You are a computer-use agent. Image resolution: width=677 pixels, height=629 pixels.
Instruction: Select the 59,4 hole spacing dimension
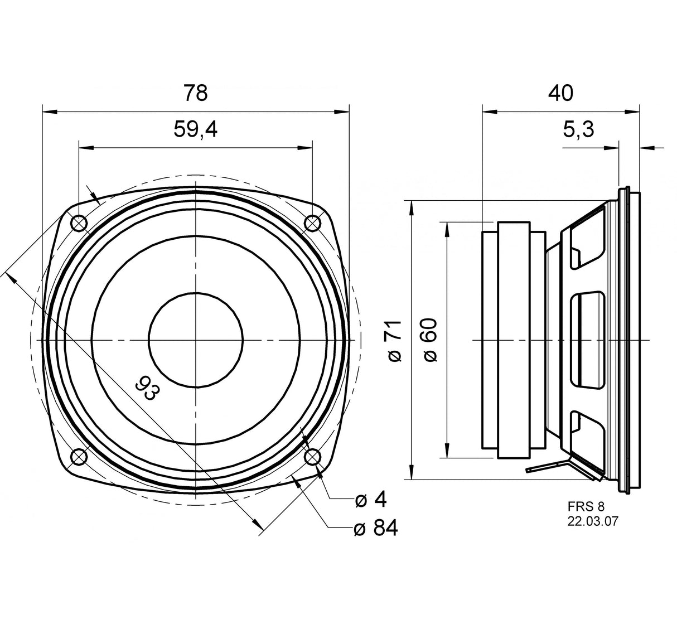pos(195,130)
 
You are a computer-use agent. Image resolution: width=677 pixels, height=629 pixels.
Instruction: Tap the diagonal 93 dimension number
pos(144,388)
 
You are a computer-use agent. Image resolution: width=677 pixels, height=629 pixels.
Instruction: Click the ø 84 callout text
pos(375,528)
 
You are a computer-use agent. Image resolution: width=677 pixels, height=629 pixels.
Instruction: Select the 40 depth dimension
pos(560,93)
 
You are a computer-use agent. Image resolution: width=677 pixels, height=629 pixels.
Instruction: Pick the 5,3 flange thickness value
pos(578,130)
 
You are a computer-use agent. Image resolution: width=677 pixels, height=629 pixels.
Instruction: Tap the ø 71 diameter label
pos(394,341)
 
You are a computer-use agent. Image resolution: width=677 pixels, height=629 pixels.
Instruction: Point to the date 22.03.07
pos(593,521)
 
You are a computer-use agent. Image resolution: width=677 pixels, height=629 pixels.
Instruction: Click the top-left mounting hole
pos(79,223)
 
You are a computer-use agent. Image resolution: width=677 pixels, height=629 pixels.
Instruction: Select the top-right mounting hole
pos(312,223)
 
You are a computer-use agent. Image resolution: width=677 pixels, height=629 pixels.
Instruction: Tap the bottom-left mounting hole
pos(79,457)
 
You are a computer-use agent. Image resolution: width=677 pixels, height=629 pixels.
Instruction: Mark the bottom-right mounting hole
pos(312,457)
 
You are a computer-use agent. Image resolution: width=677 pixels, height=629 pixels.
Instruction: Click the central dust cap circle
pos(196,340)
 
